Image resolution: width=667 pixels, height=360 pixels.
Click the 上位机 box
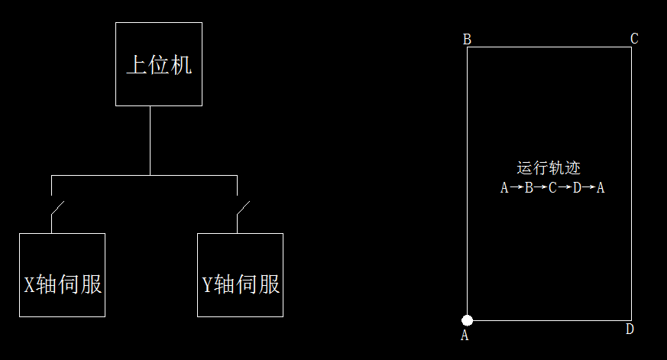[x=159, y=64]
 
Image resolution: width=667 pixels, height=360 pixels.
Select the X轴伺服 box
[x=62, y=275]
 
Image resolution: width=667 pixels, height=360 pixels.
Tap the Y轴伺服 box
[x=240, y=275]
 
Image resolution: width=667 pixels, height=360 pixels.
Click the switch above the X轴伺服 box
[x=57, y=209]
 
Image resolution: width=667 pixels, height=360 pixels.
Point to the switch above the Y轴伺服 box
[x=243, y=209]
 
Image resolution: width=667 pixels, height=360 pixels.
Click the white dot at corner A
[x=468, y=320]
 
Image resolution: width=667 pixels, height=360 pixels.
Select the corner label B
[x=467, y=39]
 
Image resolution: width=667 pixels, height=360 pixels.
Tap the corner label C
[x=634, y=39]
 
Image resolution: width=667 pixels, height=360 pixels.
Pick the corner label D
[x=630, y=329]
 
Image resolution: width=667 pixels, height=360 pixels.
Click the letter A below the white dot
[x=465, y=335]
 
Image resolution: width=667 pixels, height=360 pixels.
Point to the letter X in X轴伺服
[x=30, y=285]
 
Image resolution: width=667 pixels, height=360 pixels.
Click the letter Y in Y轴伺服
[x=207, y=285]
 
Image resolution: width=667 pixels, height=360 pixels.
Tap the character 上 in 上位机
[x=137, y=65]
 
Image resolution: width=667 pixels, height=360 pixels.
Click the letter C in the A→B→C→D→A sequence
[x=552, y=187]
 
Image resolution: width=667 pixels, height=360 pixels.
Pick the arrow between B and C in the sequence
[x=540, y=187]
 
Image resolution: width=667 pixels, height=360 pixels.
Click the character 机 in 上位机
[x=181, y=65]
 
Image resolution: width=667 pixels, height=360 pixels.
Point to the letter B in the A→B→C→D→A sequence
[x=528, y=187]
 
